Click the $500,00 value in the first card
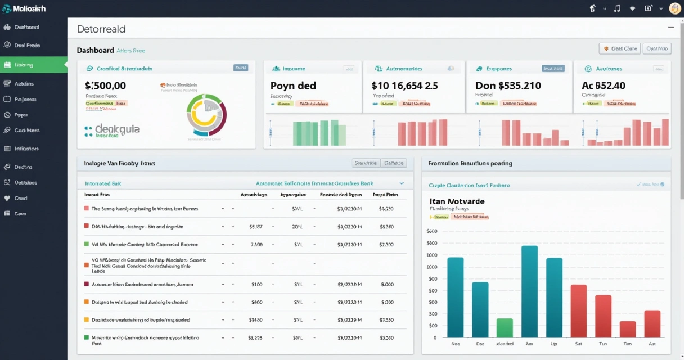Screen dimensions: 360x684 (x=105, y=86)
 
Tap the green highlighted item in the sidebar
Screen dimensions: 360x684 (x=33, y=65)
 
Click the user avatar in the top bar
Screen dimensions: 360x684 (x=675, y=8)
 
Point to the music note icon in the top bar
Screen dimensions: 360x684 (x=617, y=8)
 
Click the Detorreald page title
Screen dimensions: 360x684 (x=101, y=29)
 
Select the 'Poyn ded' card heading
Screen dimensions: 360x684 (x=293, y=86)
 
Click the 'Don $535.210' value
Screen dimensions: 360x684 (x=508, y=86)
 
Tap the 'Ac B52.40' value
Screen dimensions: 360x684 (x=604, y=86)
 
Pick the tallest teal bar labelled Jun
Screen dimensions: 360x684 (x=529, y=291)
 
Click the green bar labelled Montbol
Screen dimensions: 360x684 (x=505, y=327)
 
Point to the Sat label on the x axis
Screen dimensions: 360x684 (x=579, y=343)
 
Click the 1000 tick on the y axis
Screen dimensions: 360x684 (x=431, y=255)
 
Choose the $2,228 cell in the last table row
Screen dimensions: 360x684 (x=255, y=338)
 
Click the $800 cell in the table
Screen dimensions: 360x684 (x=257, y=302)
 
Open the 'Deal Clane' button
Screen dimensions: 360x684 (x=620, y=49)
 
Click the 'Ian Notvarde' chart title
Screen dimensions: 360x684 (x=457, y=201)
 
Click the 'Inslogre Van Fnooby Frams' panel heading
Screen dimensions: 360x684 (x=119, y=163)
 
